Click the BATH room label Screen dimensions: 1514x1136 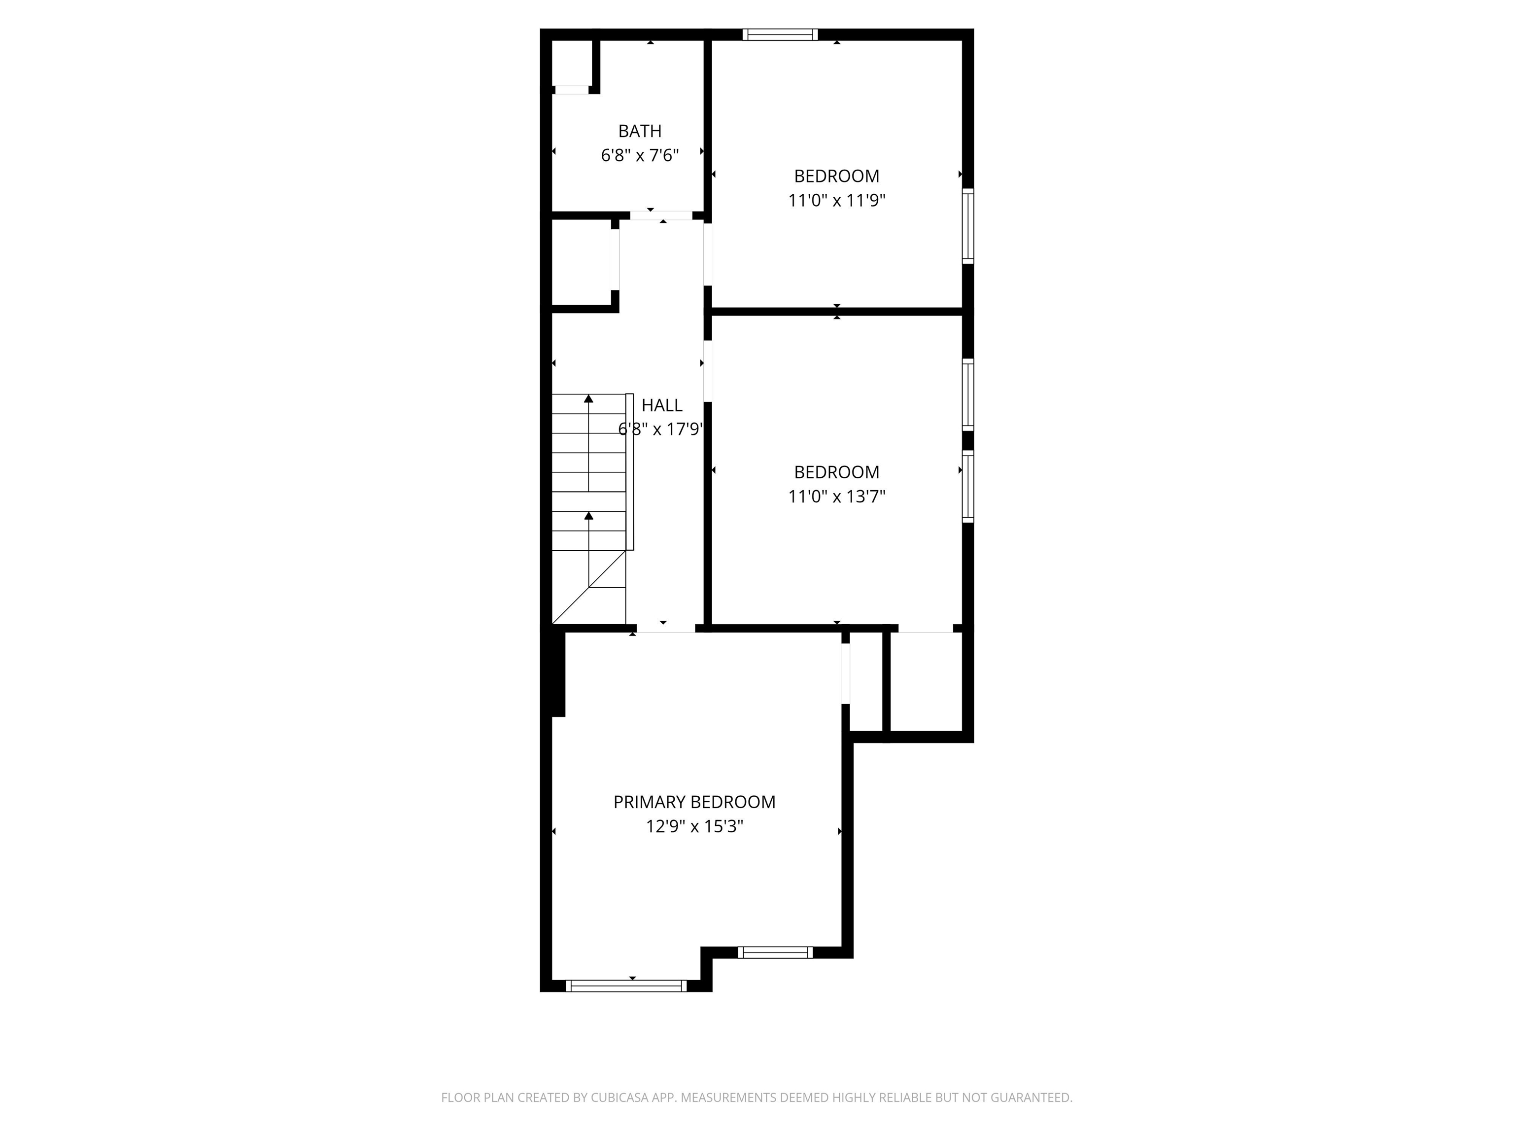click(640, 131)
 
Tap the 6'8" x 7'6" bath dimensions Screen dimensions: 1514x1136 click(640, 155)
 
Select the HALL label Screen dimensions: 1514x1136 click(662, 405)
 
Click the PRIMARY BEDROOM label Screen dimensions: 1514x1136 click(694, 802)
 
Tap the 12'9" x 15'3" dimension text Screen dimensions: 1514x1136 click(694, 826)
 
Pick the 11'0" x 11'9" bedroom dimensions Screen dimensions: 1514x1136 click(836, 201)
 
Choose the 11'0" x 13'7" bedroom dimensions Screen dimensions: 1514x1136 click(836, 497)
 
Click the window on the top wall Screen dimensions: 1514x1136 click(780, 34)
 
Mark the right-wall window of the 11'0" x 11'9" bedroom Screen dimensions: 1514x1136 click(968, 226)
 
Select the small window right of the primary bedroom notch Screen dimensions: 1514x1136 click(775, 952)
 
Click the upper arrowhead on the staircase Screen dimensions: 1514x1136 click(588, 398)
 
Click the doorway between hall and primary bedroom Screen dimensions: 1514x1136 click(666, 628)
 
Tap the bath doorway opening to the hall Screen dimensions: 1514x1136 click(661, 215)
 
